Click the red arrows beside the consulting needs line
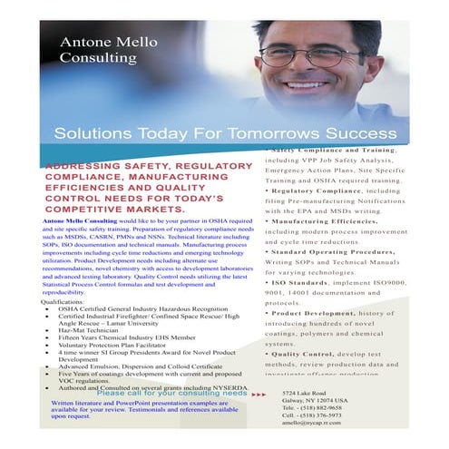tap(259, 394)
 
